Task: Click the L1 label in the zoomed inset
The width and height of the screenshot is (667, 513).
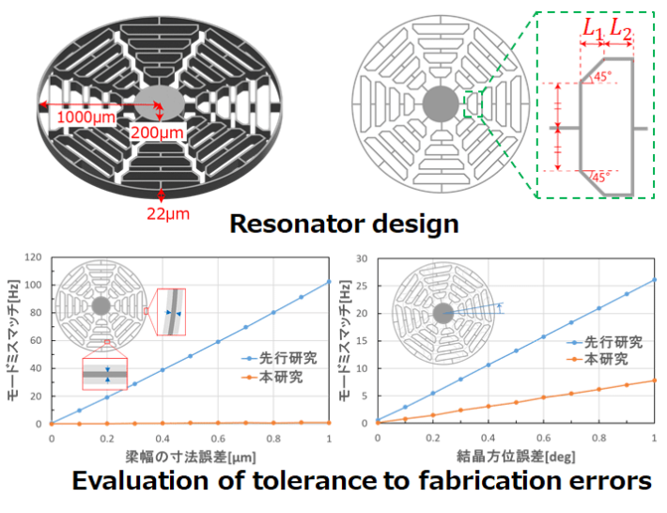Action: (591, 29)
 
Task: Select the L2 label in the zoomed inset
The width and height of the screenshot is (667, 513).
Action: (620, 29)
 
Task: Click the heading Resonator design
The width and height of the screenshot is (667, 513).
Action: (345, 224)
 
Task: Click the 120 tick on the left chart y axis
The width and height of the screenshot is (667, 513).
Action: (35, 256)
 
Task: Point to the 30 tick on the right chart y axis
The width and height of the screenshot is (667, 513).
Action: (361, 256)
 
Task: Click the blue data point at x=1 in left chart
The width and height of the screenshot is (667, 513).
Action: (328, 282)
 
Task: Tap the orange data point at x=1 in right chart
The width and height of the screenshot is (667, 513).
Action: (654, 381)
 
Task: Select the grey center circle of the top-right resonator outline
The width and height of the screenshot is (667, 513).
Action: (441, 102)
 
